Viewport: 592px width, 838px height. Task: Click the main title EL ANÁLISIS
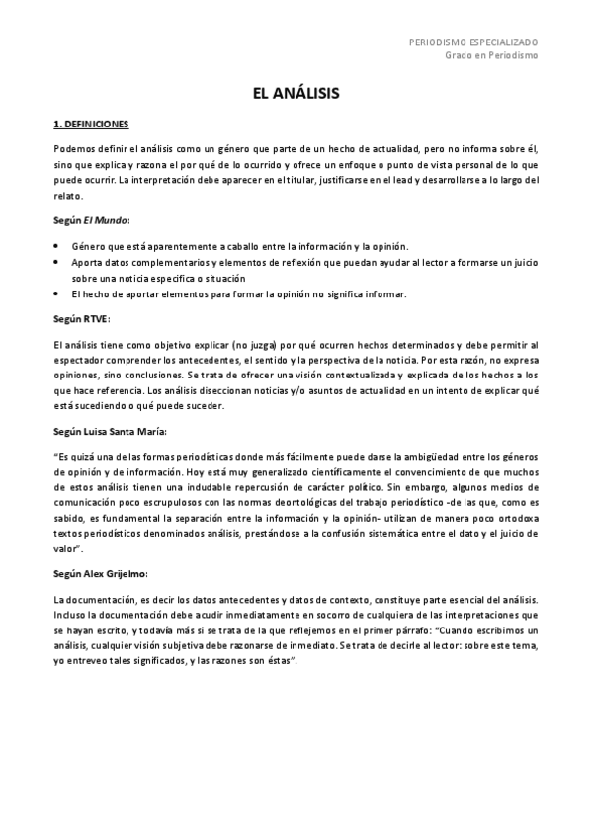tap(296, 93)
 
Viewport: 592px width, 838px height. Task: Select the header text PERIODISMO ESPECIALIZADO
tap(473, 43)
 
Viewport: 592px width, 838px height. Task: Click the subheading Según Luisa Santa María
tap(110, 431)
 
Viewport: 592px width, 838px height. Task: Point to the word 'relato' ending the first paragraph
tap(66, 197)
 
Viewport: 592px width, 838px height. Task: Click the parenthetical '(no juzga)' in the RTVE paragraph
tap(249, 343)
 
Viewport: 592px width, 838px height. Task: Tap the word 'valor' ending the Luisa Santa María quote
tap(66, 549)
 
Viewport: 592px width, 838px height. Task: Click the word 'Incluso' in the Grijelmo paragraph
tap(69, 614)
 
